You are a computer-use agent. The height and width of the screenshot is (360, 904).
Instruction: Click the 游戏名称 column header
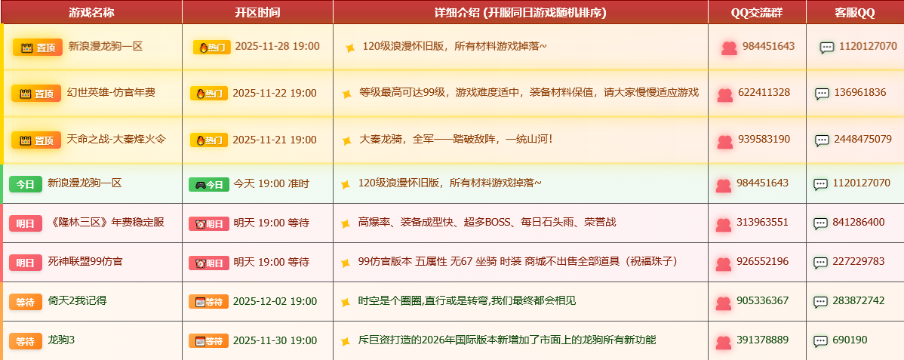pos(91,12)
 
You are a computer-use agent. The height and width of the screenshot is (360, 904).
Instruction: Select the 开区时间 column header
pos(257,12)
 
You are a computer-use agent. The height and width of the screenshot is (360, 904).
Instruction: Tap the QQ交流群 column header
pos(757,12)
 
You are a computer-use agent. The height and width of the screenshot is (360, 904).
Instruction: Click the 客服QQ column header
pos(855,12)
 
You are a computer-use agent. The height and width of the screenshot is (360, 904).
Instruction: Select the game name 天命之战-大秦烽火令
pos(116,140)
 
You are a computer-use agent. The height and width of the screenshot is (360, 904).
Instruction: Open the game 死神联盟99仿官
pos(85,262)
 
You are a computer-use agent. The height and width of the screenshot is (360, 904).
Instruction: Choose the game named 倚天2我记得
pos(78,301)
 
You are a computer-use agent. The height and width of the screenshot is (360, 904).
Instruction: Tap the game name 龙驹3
pos(61,340)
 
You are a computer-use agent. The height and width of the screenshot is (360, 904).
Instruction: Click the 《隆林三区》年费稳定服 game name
pos(106,223)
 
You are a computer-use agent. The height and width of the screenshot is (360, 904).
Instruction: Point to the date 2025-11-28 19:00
pos(277,47)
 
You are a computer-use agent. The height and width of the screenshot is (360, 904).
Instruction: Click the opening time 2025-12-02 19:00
pos(275,301)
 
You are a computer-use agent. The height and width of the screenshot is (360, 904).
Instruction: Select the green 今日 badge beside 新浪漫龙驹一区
pos(25,183)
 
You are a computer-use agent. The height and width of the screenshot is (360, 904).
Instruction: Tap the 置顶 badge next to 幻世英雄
pos(36,94)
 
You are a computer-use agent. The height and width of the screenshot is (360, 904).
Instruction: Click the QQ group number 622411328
pos(764,93)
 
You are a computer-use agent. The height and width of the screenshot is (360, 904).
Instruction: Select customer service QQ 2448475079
pos(862,140)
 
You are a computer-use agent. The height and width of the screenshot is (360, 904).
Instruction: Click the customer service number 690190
pos(850,340)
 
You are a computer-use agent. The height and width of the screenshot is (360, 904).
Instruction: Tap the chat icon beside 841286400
pos(820,223)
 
